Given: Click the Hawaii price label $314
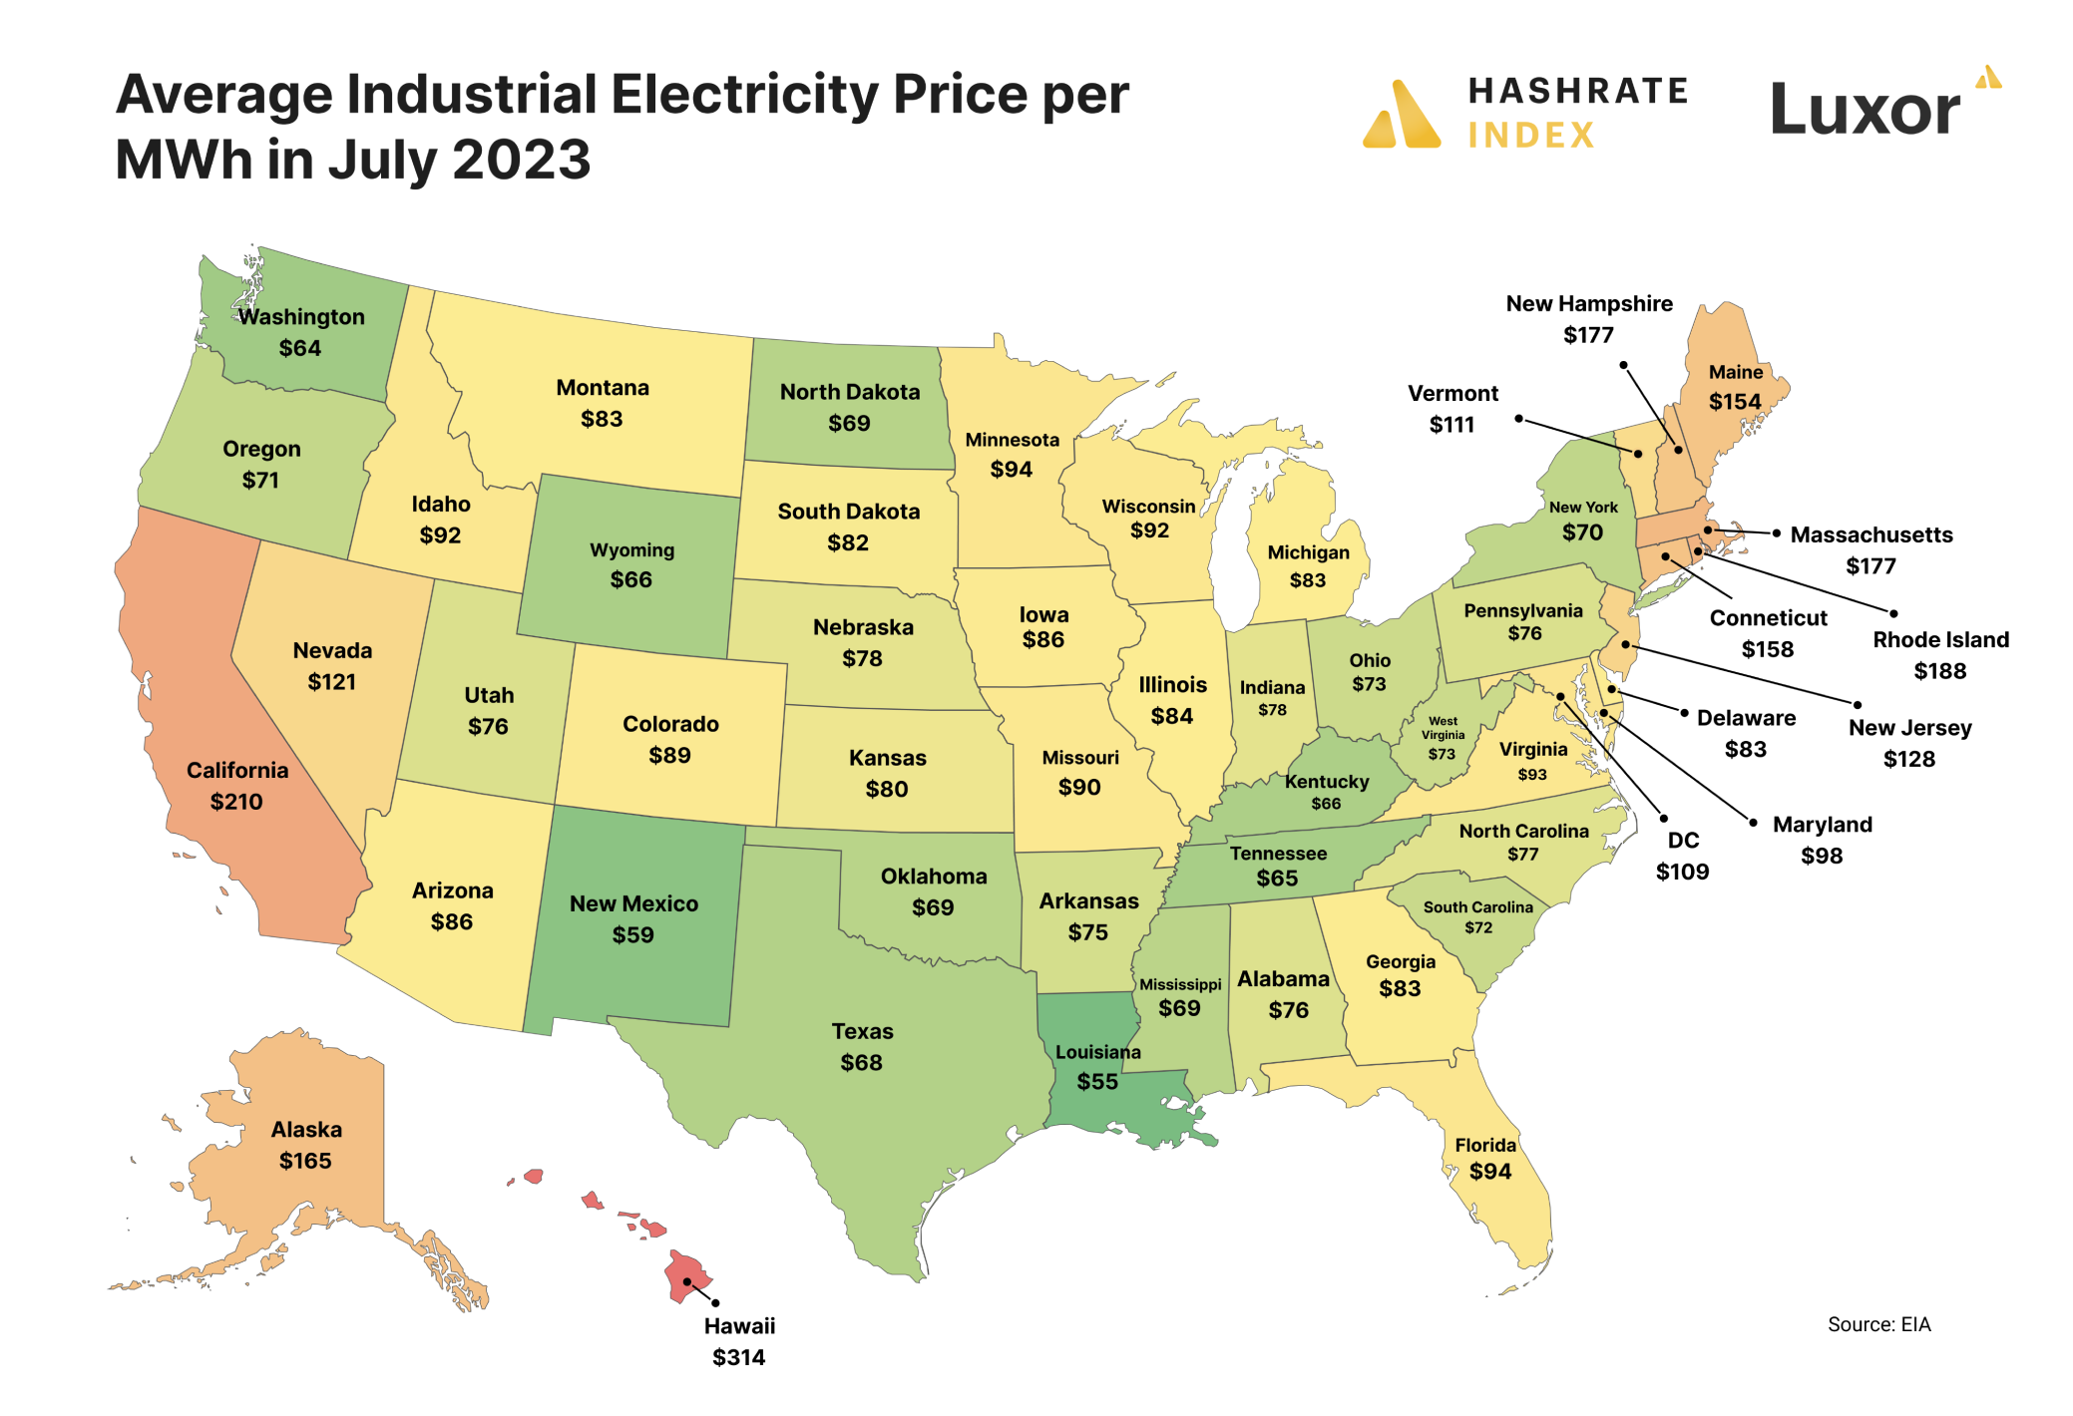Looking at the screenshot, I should [x=738, y=1357].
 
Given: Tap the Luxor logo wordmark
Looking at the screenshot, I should [x=1864, y=110].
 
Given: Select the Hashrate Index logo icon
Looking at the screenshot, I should [x=1402, y=115].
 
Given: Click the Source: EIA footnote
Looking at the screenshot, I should [x=1878, y=1324].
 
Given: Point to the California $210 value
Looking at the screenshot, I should [x=236, y=802].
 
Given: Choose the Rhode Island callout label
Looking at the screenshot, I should [x=1940, y=640].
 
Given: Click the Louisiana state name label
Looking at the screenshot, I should [x=1097, y=1052].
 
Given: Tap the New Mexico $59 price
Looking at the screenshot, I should [x=632, y=935].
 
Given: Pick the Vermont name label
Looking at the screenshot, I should [x=1452, y=394].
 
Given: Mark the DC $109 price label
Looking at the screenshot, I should [x=1682, y=872].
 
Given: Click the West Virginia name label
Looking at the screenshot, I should [x=1443, y=728].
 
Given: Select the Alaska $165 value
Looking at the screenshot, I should [x=305, y=1161].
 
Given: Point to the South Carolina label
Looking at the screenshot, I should [x=1477, y=907].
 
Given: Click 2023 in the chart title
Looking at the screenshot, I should [x=521, y=160].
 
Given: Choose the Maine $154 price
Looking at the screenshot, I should [x=1735, y=402].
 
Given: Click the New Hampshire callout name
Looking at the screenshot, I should [x=1589, y=304].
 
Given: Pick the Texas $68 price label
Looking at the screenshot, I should [x=861, y=1063].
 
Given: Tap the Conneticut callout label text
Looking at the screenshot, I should [x=1768, y=618].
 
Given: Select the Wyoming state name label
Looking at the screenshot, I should [x=631, y=550].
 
